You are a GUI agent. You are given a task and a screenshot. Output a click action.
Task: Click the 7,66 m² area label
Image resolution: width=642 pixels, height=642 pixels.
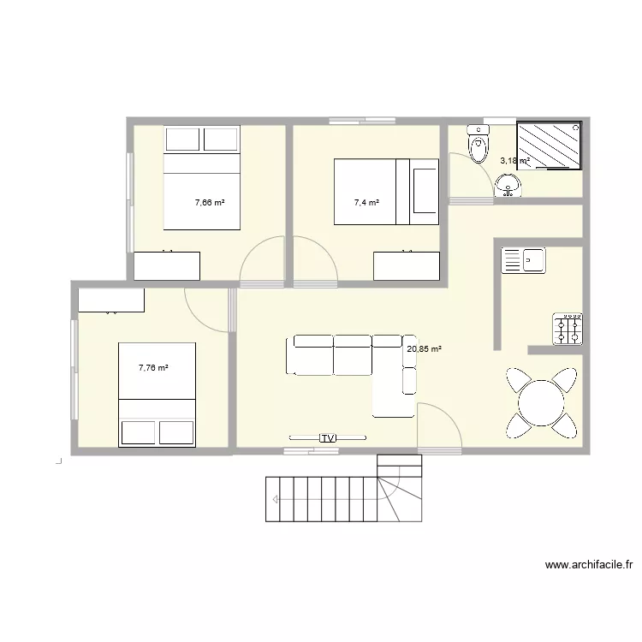pos(210,203)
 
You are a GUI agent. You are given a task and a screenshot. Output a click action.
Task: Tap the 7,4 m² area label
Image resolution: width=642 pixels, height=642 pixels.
pos(366,203)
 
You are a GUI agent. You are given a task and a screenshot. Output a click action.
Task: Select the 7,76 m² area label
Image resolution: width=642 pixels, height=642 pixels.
pos(153,368)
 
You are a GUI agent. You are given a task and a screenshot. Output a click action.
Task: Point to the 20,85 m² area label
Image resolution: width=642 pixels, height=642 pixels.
pos(424,349)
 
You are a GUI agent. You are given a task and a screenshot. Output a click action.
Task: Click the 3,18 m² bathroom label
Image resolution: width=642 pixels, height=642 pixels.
pos(514,160)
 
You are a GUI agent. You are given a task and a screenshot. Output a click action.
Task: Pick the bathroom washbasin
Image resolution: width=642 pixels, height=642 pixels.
pos(508,185)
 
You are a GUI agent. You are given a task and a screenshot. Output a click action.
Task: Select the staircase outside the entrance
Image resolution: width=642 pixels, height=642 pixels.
pos(342,496)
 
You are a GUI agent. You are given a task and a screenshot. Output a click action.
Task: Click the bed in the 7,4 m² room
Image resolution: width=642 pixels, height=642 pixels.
pos(385,191)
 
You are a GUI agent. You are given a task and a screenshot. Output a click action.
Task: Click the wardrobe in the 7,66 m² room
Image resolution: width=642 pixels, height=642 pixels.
pos(167,265)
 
